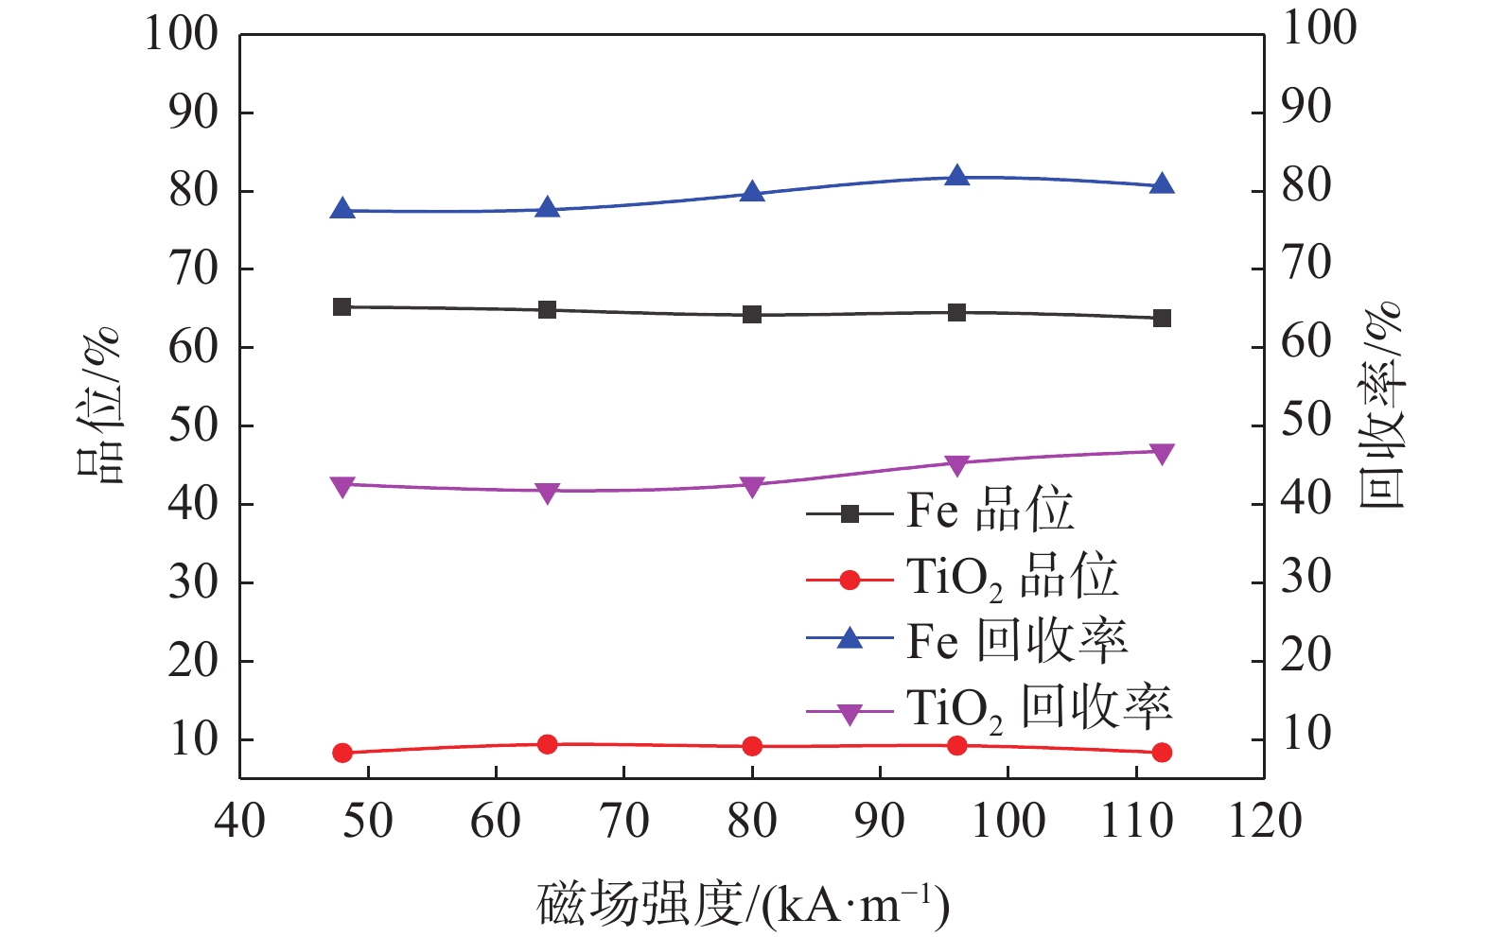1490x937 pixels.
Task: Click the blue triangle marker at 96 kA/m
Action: (x=957, y=176)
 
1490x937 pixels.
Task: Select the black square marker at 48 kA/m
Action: (x=342, y=306)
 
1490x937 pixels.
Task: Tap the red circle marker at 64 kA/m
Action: (x=547, y=744)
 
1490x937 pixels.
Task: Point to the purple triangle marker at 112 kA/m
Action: (x=1162, y=454)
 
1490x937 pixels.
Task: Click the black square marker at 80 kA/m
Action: (x=752, y=314)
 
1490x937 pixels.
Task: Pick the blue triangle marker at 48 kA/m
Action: (x=342, y=210)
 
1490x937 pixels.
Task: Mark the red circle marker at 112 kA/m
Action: (x=1162, y=753)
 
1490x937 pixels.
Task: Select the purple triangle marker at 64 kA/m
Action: (x=547, y=492)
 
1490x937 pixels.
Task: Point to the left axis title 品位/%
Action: (x=100, y=405)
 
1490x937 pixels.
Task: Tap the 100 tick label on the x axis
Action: (x=1008, y=821)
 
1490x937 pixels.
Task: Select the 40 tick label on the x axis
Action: (x=240, y=821)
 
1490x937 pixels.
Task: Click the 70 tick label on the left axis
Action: (x=194, y=269)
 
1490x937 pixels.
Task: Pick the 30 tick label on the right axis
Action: (x=1306, y=576)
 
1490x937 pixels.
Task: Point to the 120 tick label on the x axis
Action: (x=1264, y=821)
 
